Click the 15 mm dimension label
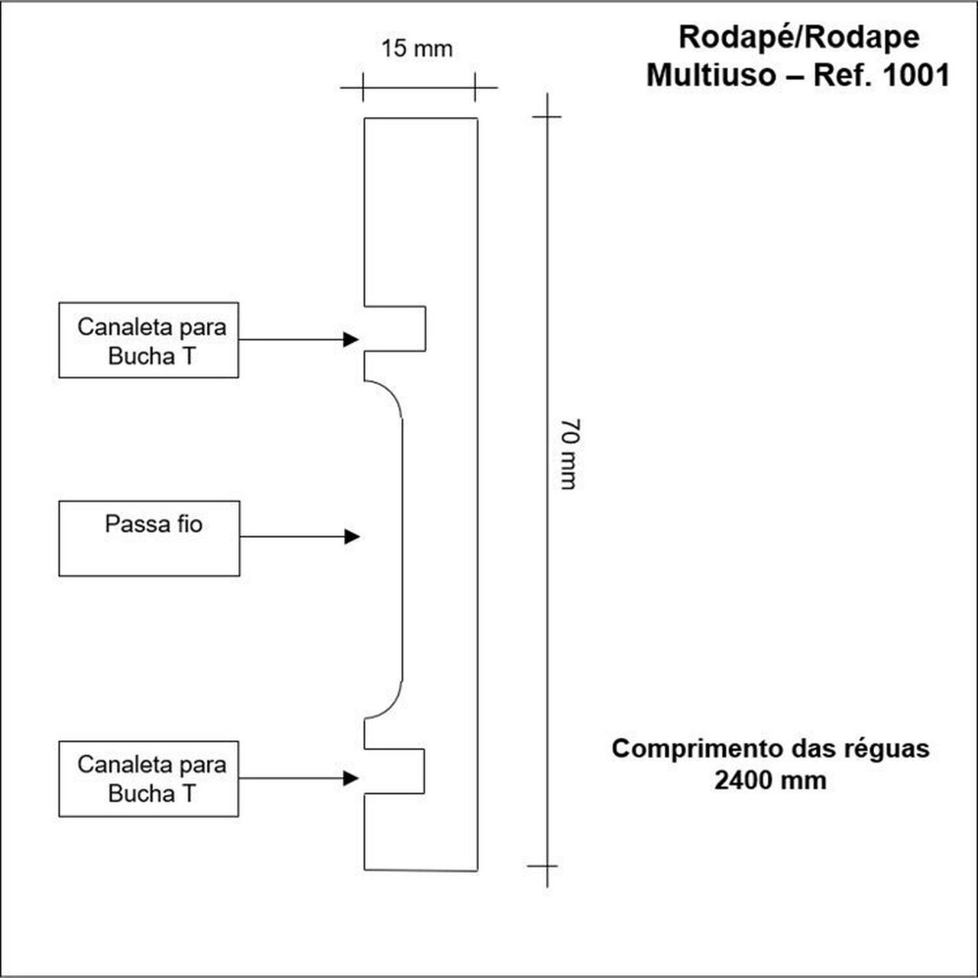[416, 49]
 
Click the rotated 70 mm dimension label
[568, 454]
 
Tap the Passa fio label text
[154, 524]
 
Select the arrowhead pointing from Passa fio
[351, 536]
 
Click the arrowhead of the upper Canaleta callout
[351, 339]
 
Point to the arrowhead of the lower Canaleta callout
[351, 778]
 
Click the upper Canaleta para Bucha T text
[151, 342]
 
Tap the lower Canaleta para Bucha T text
[151, 779]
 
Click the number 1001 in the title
[916, 76]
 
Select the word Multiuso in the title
[711, 76]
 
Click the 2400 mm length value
[770, 780]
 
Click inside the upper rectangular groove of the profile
[395, 329]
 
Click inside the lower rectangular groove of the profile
[394, 771]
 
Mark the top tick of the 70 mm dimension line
[546, 117]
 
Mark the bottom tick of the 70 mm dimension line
[546, 866]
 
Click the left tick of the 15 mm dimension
[363, 87]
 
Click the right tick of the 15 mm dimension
[474, 87]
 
